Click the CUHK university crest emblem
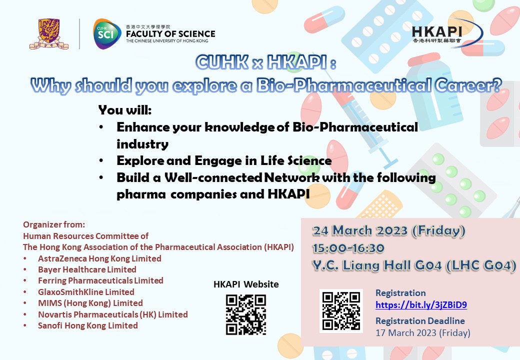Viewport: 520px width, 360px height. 49,34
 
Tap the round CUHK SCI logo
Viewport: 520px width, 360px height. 107,34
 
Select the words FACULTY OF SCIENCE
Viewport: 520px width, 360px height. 170,34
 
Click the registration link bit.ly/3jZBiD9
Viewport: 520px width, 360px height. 421,305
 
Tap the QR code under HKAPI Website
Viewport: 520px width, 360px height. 246,315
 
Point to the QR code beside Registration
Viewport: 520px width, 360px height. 341,311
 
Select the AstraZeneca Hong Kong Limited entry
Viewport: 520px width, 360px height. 99,258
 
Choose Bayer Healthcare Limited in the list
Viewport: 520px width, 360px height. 87,269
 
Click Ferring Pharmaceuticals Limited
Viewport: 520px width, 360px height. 100,281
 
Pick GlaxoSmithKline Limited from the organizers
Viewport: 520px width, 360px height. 86,292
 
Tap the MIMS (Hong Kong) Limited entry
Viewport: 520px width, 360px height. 90,303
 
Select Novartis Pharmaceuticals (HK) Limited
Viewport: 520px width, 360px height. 113,314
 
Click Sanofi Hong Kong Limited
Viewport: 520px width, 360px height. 88,325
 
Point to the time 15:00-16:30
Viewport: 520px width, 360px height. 348,248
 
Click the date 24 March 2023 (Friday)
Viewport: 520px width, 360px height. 389,230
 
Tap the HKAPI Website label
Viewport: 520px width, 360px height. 246,284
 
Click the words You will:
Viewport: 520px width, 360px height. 125,110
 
